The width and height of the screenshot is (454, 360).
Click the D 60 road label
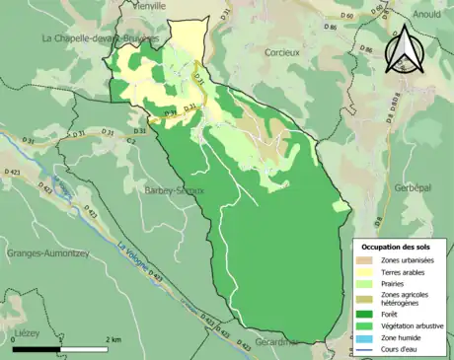click(x=345, y=17)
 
